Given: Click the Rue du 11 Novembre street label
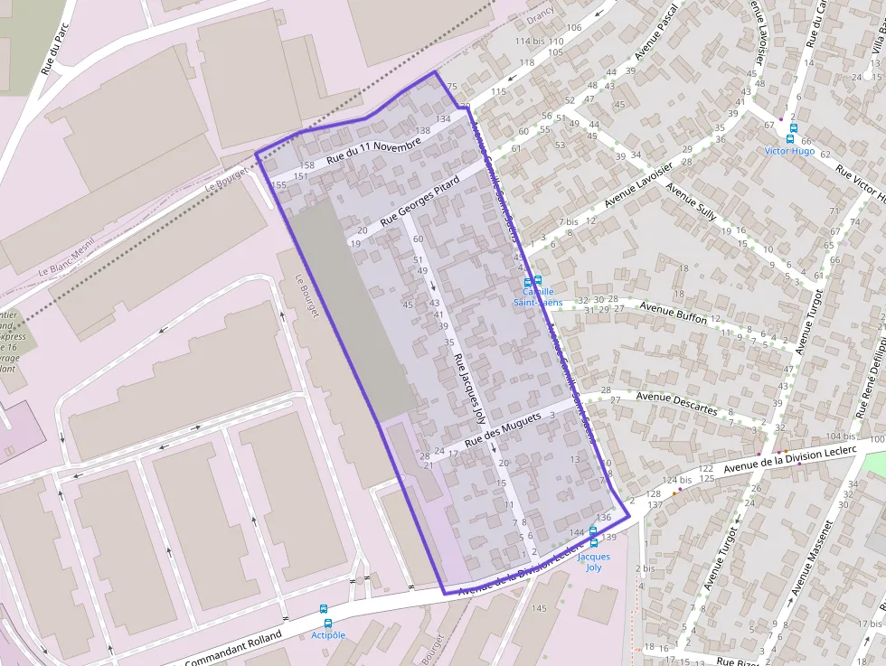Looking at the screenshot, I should pyautogui.click(x=373, y=151).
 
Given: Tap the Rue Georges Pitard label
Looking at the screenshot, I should pyautogui.click(x=420, y=201).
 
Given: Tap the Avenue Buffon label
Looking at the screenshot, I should pyautogui.click(x=674, y=313).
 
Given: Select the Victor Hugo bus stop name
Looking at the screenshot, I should pyautogui.click(x=789, y=151).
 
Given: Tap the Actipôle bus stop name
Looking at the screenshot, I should pyautogui.click(x=327, y=635).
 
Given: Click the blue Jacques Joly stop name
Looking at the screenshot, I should pyautogui.click(x=594, y=562).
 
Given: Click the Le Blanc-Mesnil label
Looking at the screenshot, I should pyautogui.click(x=67, y=261).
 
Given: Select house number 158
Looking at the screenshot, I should pyautogui.click(x=306, y=165).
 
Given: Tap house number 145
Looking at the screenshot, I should pyautogui.click(x=539, y=608).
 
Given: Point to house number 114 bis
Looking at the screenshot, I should pyautogui.click(x=530, y=42).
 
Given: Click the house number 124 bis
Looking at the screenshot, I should pyautogui.click(x=677, y=480).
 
